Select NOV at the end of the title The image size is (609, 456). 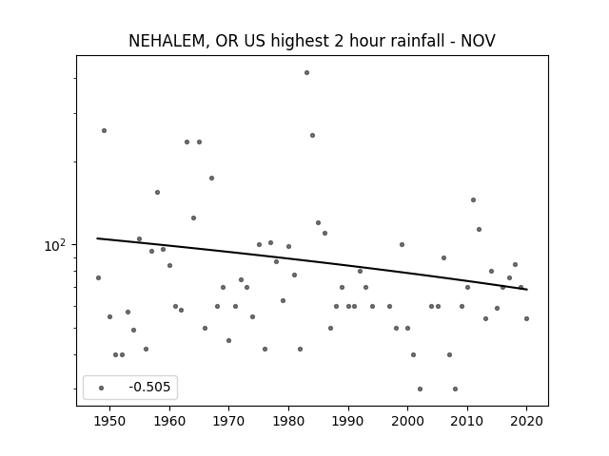pyautogui.click(x=478, y=41)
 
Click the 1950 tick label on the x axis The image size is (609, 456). pyautogui.click(x=110, y=421)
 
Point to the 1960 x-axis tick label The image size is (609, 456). pyautogui.click(x=169, y=421)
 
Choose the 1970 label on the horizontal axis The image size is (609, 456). pyautogui.click(x=228, y=421)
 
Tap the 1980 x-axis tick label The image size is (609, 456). pyautogui.click(x=288, y=421)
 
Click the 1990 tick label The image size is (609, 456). pyautogui.click(x=348, y=421)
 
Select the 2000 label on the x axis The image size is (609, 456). pyautogui.click(x=408, y=421)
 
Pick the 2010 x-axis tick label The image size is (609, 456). pyautogui.click(x=467, y=421)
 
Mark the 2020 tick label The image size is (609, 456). pyautogui.click(x=526, y=421)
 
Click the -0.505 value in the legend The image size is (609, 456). pyautogui.click(x=149, y=387)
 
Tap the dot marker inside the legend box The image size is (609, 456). pyautogui.click(x=102, y=388)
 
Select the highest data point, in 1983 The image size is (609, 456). pyautogui.click(x=306, y=72)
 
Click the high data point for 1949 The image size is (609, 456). pyautogui.click(x=104, y=131)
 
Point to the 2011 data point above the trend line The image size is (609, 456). pyautogui.click(x=474, y=200)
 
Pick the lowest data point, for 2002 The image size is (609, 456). pyautogui.click(x=420, y=389)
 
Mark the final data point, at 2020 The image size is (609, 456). pyautogui.click(x=526, y=319)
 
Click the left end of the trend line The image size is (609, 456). pyautogui.click(x=97, y=238)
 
